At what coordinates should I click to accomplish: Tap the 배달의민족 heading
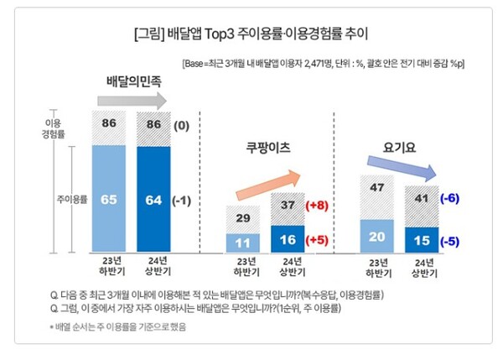pos(136,81)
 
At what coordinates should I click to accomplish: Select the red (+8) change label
pos(318,206)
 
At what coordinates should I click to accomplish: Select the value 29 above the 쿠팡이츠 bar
pos(244,218)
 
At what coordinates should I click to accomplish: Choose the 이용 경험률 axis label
pos(53,129)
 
